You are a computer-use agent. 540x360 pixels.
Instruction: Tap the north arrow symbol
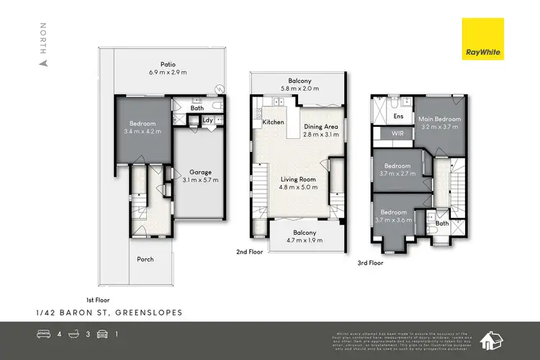pyautogui.click(x=43, y=63)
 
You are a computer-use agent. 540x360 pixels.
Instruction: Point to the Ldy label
pyautogui.click(x=207, y=120)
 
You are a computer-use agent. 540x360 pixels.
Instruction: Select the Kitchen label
pyautogui.click(x=273, y=122)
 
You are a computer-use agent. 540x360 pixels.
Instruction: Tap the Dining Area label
pyautogui.click(x=320, y=127)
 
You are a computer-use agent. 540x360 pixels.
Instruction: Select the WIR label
pyautogui.click(x=397, y=134)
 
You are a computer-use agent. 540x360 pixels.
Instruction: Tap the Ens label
pyautogui.click(x=398, y=115)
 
